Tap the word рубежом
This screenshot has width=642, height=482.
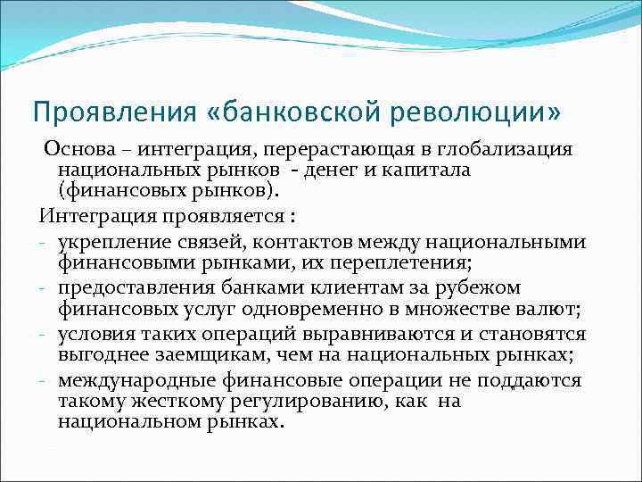pos(488,287)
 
